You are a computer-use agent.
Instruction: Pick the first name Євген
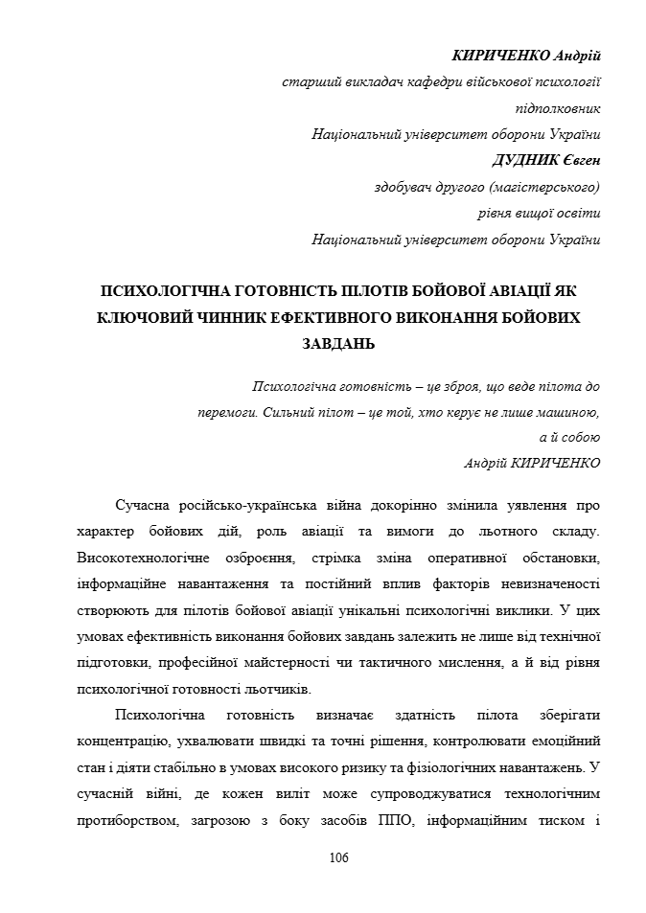click(x=580, y=159)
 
